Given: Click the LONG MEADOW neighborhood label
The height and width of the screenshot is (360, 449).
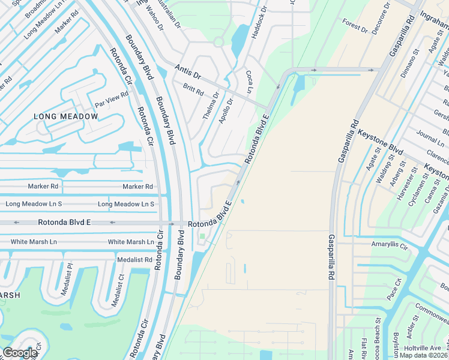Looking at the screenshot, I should [x=65, y=116].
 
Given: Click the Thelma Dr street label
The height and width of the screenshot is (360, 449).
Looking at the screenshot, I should [x=211, y=104].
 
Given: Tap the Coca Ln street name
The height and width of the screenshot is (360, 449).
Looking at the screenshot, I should [x=249, y=82].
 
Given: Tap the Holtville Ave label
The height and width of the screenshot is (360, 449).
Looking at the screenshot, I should [x=423, y=348].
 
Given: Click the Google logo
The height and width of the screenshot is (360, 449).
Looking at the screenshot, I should [x=20, y=353].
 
